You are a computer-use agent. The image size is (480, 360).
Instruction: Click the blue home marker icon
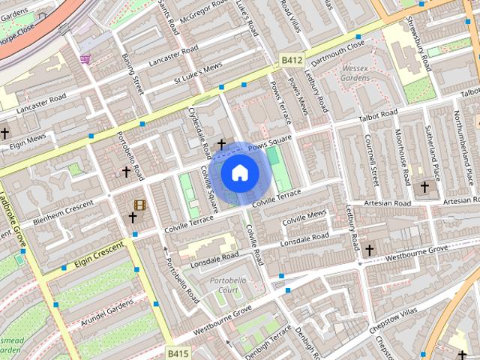click(x=239, y=173)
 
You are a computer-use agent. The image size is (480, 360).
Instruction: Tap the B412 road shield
click(x=292, y=59)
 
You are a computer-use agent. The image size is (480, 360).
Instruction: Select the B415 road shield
click(x=178, y=352)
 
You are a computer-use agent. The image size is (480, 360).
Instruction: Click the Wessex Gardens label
click(x=353, y=73)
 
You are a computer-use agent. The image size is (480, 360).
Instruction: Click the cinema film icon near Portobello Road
click(x=139, y=205)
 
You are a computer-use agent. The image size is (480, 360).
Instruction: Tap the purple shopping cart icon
click(x=85, y=58)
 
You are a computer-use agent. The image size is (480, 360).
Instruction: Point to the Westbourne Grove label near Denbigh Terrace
click(x=222, y=319)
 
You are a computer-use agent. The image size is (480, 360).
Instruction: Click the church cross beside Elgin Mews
click(x=4, y=133)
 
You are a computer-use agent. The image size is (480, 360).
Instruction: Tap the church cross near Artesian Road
click(x=424, y=186)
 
